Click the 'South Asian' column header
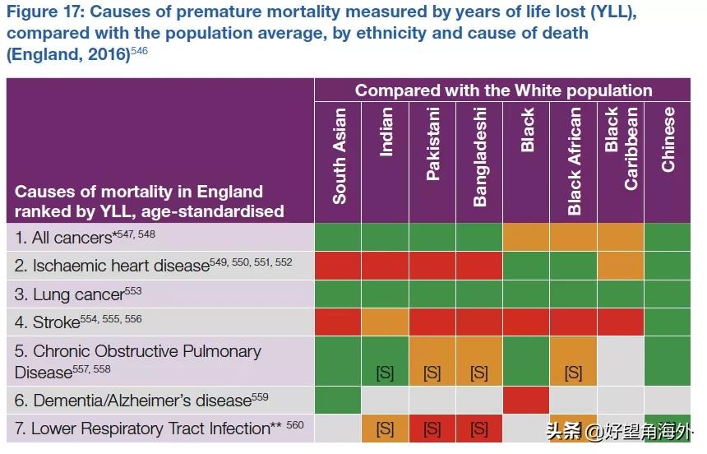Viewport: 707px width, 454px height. pyautogui.click(x=339, y=155)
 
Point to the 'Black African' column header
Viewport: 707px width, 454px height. pyautogui.click(x=574, y=160)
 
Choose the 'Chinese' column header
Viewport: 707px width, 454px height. pyautogui.click(x=668, y=139)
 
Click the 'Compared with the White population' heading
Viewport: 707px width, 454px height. pyautogui.click(x=503, y=90)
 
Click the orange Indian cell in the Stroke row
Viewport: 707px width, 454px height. pyautogui.click(x=386, y=322)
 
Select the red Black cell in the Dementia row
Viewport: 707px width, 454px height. pyautogui.click(x=526, y=401)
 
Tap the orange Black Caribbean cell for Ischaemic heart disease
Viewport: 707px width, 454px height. pyautogui.click(x=621, y=266)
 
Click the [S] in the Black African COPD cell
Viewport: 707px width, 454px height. pyautogui.click(x=573, y=373)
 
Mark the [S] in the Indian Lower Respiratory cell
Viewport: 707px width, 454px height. pyautogui.click(x=385, y=429)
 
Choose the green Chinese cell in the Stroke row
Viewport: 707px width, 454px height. pyautogui.click(x=668, y=322)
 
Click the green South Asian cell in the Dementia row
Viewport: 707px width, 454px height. pyautogui.click(x=338, y=401)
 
